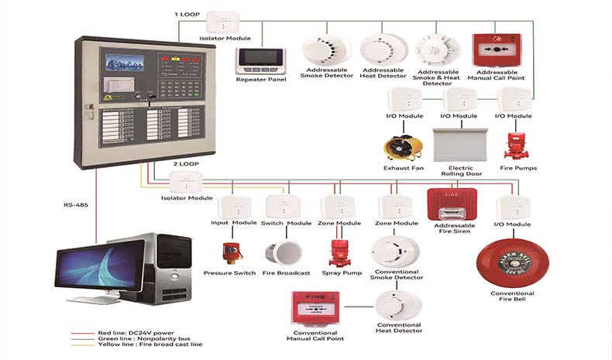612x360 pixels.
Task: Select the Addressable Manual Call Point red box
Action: coord(497,50)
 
